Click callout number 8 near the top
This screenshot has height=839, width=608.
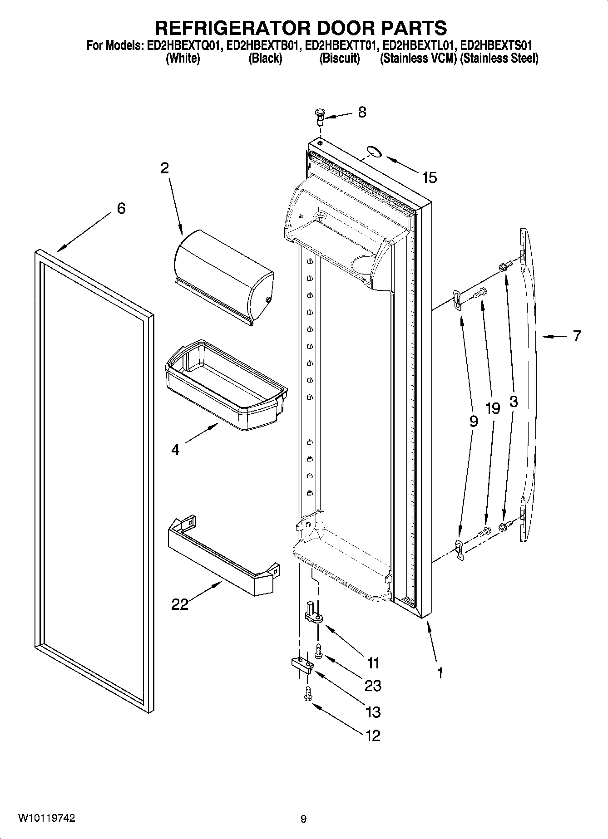tap(362, 112)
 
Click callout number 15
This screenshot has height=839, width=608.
tap(429, 178)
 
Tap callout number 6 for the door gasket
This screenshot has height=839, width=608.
tap(121, 209)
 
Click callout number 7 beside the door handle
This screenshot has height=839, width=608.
tap(576, 336)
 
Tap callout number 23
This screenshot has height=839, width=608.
tap(373, 686)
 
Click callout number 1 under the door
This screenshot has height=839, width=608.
tap(440, 672)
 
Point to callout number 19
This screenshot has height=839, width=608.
tap(492, 408)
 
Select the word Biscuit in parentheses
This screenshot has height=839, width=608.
tap(340, 59)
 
